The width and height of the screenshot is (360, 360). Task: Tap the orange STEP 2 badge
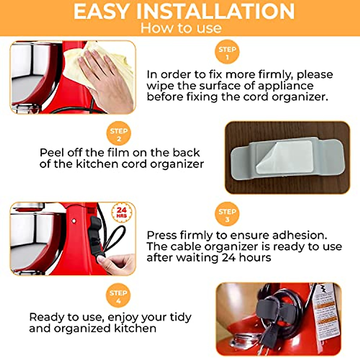click(119, 133)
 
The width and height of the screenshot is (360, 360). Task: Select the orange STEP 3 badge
click(227, 214)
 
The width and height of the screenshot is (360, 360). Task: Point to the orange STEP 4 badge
click(118, 295)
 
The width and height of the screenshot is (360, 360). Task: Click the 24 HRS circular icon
click(121, 212)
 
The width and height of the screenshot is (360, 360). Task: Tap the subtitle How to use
click(181, 28)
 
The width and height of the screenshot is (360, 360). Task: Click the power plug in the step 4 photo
click(267, 333)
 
